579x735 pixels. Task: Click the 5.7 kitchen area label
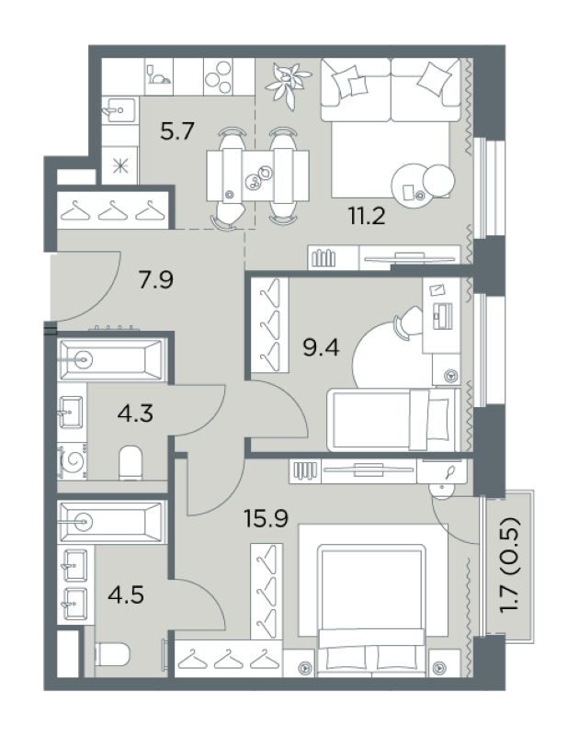(176, 130)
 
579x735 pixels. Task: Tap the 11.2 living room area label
(367, 216)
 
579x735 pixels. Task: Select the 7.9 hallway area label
(155, 280)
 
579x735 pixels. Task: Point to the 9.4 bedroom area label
(321, 348)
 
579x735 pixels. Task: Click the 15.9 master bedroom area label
(266, 518)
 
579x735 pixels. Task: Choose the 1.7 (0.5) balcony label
(510, 564)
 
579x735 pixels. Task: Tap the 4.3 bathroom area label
(135, 414)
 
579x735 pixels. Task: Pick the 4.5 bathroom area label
(126, 594)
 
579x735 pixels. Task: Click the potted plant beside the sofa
(288, 85)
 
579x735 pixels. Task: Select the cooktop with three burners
(219, 77)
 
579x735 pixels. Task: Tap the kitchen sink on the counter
(119, 110)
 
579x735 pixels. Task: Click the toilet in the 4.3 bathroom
(131, 463)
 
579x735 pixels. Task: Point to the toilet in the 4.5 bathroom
(112, 654)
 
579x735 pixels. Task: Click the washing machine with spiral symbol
(73, 461)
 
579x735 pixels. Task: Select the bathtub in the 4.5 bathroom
(111, 522)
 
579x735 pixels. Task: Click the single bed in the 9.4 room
(394, 420)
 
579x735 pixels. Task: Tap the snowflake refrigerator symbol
(120, 165)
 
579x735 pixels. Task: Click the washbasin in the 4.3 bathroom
(72, 413)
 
